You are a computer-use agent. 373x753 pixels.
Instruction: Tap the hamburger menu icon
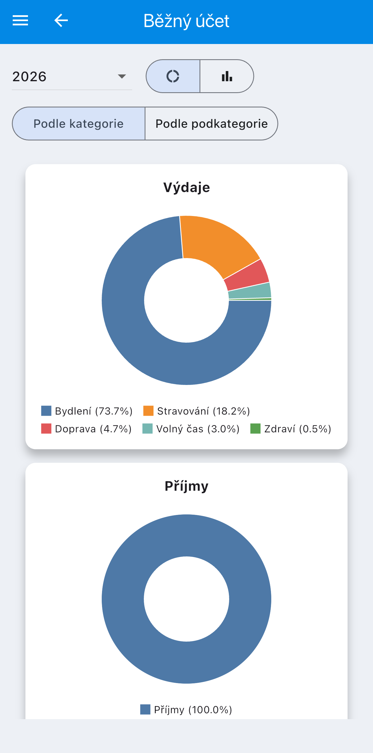click(20, 21)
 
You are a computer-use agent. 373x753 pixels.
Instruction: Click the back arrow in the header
click(61, 21)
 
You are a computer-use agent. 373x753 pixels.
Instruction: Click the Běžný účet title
click(186, 21)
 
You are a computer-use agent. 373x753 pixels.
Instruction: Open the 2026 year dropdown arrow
click(122, 77)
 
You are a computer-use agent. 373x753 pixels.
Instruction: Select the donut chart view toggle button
click(173, 76)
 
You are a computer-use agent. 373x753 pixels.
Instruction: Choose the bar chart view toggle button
click(227, 76)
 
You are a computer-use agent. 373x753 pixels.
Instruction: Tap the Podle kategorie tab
click(79, 124)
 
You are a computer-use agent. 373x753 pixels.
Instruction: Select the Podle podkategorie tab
click(211, 124)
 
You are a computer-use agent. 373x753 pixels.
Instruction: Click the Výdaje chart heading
click(186, 187)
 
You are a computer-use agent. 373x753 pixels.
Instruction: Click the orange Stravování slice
click(215, 243)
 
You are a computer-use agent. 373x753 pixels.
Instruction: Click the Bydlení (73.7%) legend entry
click(87, 411)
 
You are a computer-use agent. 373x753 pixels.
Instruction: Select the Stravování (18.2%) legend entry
click(196, 411)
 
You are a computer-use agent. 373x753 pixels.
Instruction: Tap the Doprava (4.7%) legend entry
click(86, 429)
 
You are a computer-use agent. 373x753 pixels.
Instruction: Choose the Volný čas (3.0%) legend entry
click(191, 429)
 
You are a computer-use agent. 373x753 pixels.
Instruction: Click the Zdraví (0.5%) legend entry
click(291, 429)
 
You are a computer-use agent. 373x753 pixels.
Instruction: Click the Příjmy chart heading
click(186, 486)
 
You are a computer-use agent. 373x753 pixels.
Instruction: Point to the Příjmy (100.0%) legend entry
click(186, 710)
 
